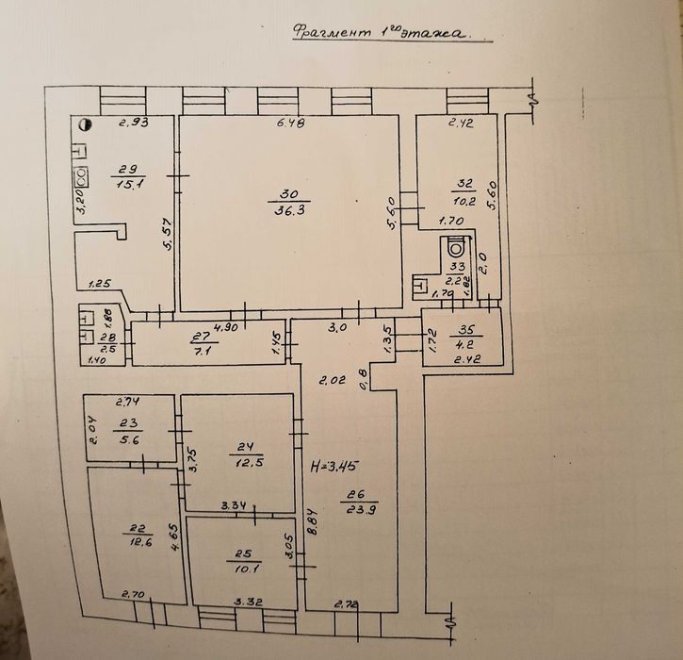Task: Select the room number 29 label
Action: (123, 169)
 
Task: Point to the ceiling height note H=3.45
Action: (333, 465)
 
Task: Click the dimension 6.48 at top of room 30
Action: (290, 123)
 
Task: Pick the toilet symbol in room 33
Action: (457, 248)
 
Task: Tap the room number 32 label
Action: (463, 183)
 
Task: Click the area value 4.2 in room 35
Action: (463, 343)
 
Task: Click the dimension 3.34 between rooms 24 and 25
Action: (233, 507)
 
